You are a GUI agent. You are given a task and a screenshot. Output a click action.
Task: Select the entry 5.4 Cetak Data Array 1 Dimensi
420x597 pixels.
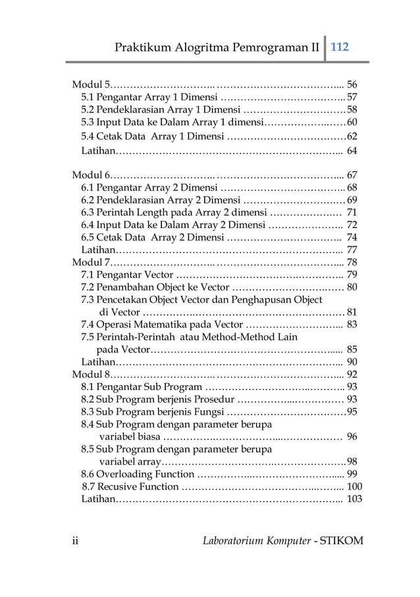coord(153,137)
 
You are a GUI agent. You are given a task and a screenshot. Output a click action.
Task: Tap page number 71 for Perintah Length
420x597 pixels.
coord(352,212)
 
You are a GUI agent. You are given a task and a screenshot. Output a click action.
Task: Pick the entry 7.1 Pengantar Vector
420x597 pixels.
coord(127,275)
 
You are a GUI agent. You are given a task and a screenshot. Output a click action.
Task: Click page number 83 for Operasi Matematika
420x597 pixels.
coord(352,324)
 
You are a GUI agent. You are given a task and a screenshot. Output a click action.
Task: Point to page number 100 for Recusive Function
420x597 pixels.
coord(354,487)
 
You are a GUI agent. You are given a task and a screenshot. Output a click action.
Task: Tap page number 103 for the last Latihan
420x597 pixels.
coord(354,499)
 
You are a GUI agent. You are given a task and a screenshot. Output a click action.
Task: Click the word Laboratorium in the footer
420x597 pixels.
coord(238,541)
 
